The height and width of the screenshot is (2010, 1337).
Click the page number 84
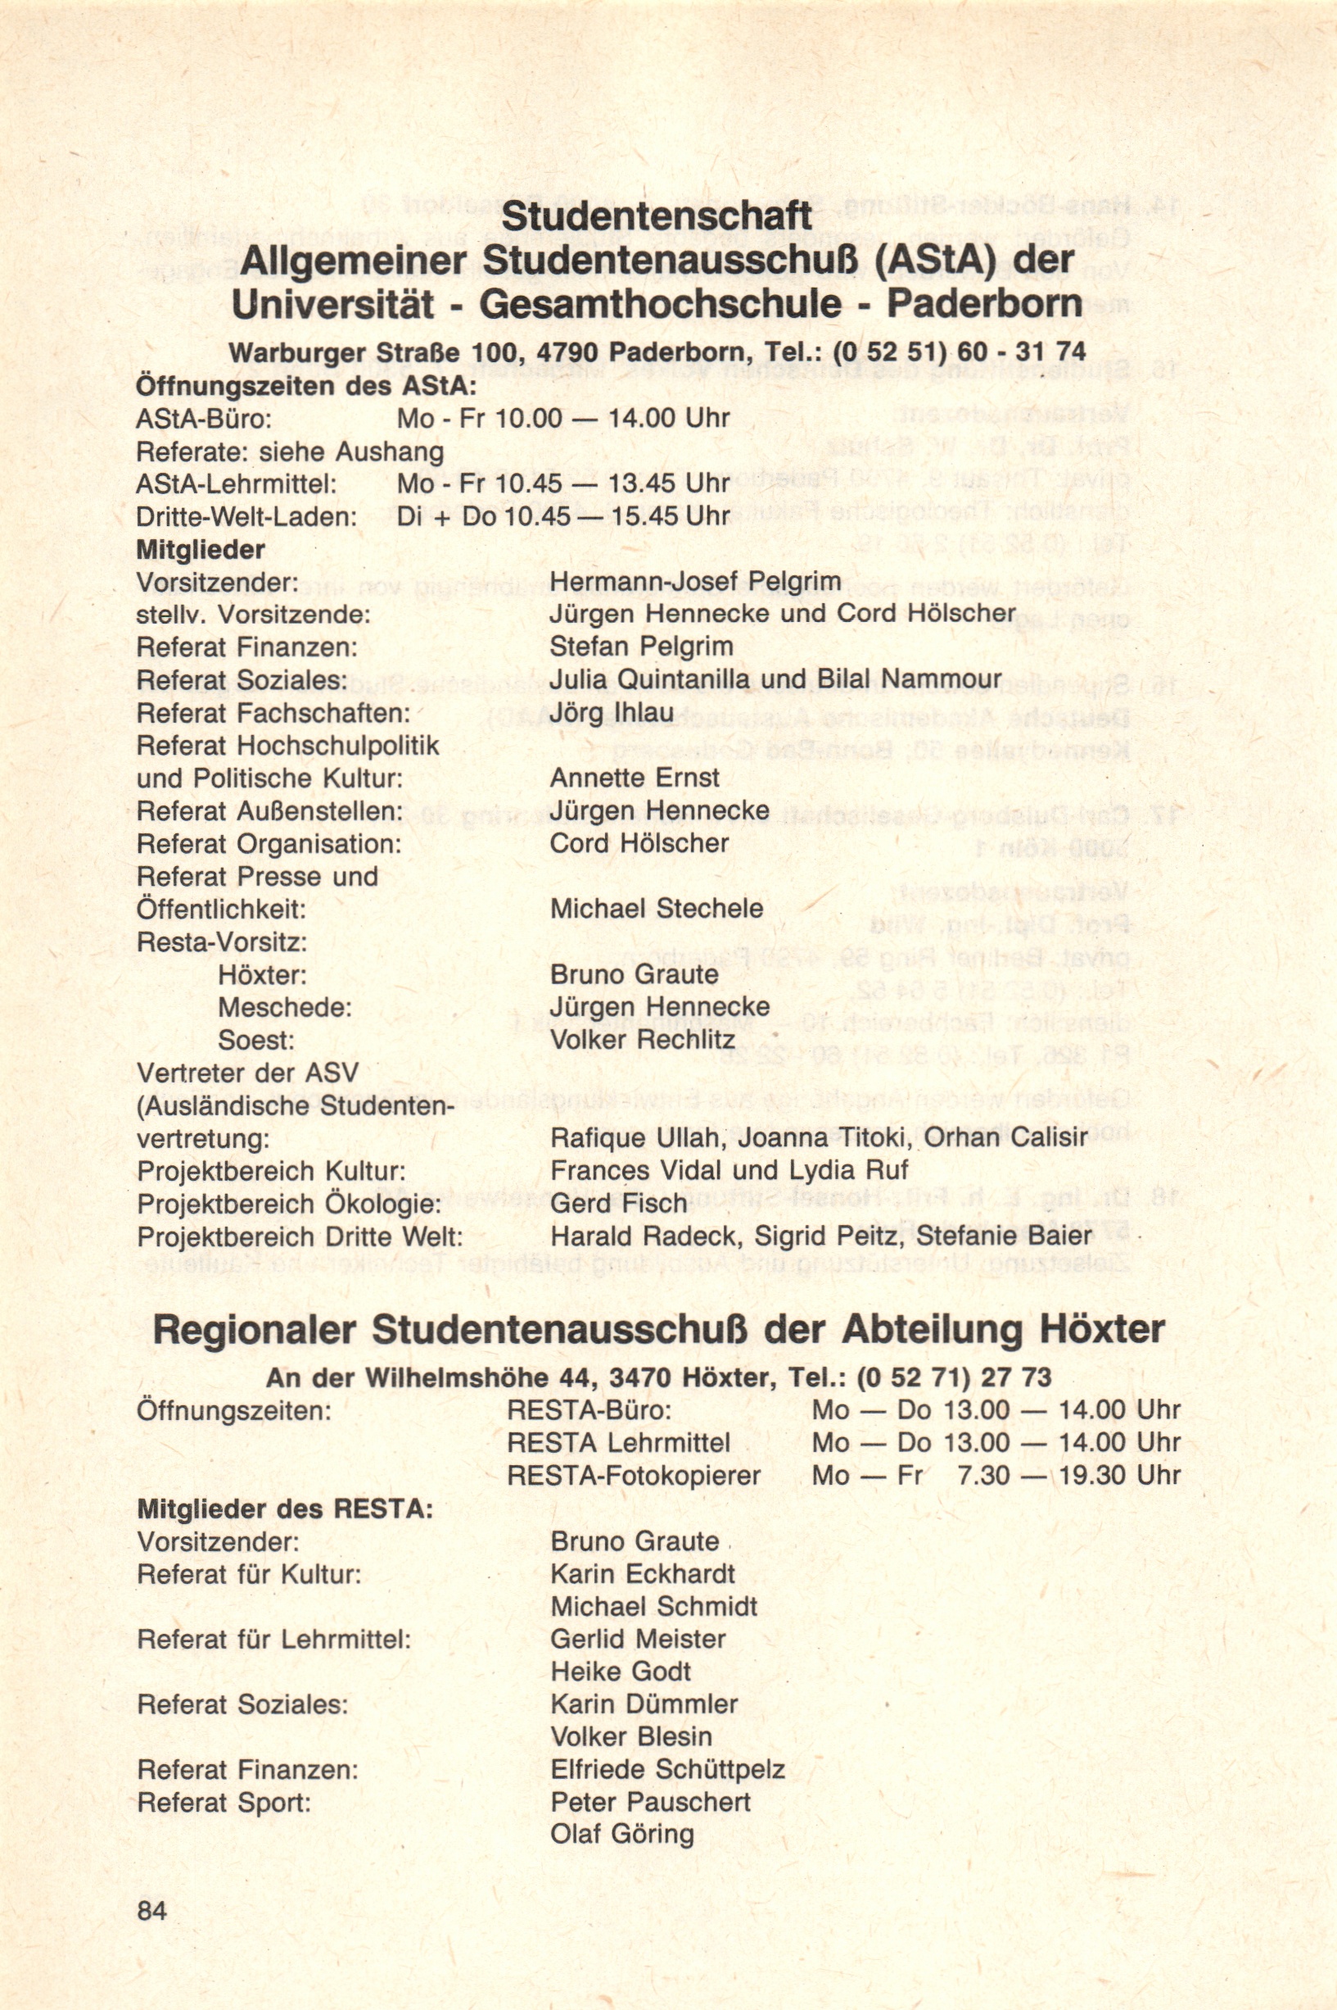pyautogui.click(x=151, y=1934)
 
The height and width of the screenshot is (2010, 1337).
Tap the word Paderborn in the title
pyautogui.click(x=984, y=305)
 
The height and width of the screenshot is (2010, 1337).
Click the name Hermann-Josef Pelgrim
pyautogui.click(x=695, y=582)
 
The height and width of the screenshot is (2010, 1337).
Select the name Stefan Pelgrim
pyautogui.click(x=641, y=647)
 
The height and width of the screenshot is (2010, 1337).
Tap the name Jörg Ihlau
pyautogui.click(x=612, y=712)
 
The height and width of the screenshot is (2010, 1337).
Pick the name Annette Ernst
pyautogui.click(x=635, y=778)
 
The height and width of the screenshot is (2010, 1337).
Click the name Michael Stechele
pyautogui.click(x=656, y=909)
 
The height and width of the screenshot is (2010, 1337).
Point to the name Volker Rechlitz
pyautogui.click(x=642, y=1040)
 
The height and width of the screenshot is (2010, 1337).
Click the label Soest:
pyautogui.click(x=255, y=1040)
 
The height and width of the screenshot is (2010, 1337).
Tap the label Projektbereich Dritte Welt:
pyautogui.click(x=300, y=1237)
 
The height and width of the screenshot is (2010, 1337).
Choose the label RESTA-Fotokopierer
pyautogui.click(x=634, y=1475)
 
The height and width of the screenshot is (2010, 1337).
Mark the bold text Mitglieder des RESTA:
pyautogui.click(x=285, y=1509)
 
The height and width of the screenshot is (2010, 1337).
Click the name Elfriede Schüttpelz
pyautogui.click(x=666, y=1770)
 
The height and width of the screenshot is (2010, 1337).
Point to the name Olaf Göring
pyautogui.click(x=621, y=1835)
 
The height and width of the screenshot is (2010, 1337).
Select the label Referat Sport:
pyautogui.click(x=224, y=1803)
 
